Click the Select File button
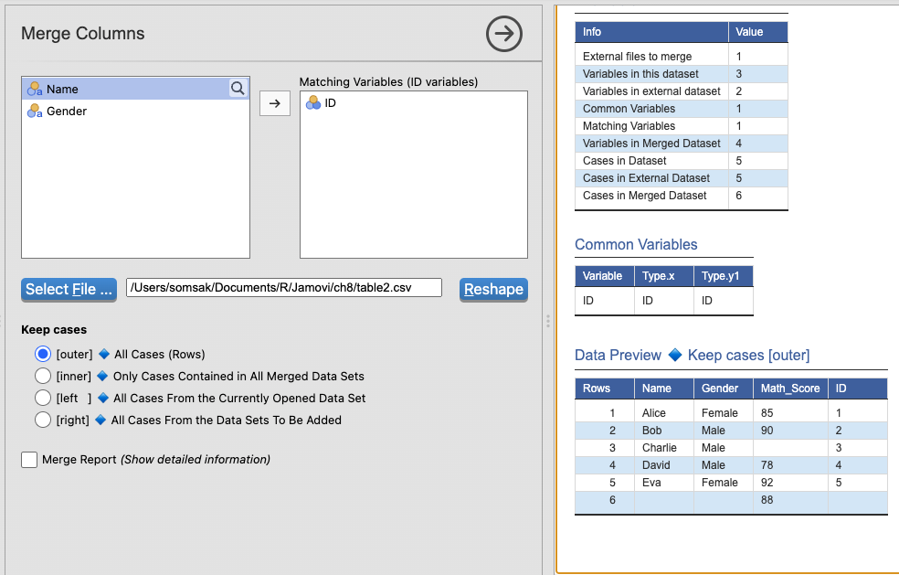click(69, 289)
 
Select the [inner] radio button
click(43, 376)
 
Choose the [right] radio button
click(43, 421)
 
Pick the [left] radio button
click(43, 398)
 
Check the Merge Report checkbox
click(29, 460)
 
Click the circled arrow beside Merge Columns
click(504, 34)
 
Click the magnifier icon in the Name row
click(238, 89)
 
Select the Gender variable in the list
click(67, 112)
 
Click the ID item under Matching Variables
click(330, 103)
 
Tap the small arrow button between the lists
click(275, 103)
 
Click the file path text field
click(284, 287)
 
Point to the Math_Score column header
click(790, 389)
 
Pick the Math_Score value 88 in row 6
click(767, 500)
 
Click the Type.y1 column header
click(723, 276)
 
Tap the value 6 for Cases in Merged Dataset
click(738, 196)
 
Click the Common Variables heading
click(636, 244)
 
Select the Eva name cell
click(651, 483)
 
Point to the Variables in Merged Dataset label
click(651, 144)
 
